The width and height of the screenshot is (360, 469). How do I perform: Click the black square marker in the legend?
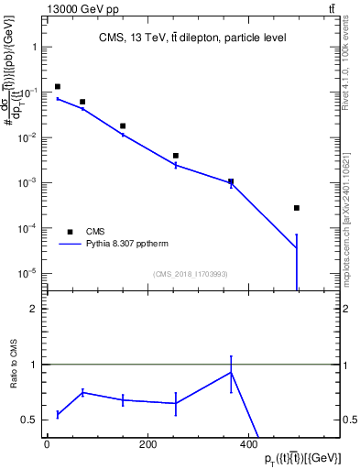tap(69, 232)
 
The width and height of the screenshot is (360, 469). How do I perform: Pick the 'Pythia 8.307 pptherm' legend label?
tap(129, 245)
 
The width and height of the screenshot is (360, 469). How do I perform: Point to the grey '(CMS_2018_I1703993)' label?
tap(191, 274)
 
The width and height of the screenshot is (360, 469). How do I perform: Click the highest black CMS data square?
tap(58, 87)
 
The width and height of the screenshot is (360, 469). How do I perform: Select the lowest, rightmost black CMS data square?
tap(297, 208)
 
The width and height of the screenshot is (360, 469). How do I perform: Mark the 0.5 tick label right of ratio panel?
tap(350, 420)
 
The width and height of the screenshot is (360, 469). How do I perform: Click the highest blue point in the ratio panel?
tap(231, 373)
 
